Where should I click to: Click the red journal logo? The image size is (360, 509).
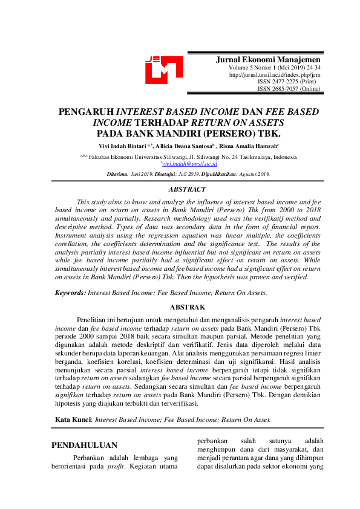[x=163, y=70]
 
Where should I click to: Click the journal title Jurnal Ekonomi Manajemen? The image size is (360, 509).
[x=269, y=60]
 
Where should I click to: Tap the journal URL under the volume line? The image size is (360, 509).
[x=275, y=75]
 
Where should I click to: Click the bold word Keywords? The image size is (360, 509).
[x=70, y=292]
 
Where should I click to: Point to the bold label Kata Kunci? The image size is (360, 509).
[x=73, y=418]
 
